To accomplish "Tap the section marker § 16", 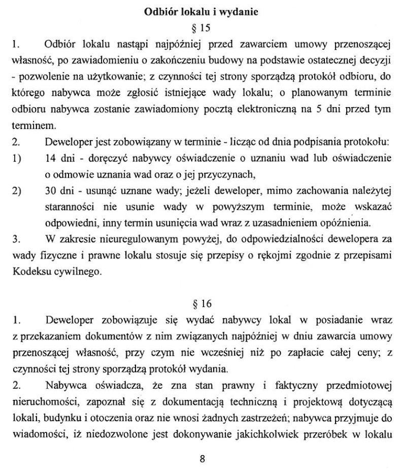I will coord(202,305).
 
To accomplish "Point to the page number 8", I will coord(202,459).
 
